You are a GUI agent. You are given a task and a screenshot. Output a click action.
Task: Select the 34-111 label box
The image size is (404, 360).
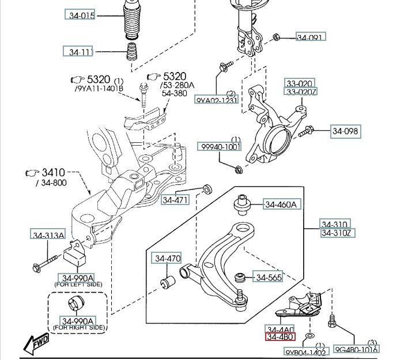pos(78,52)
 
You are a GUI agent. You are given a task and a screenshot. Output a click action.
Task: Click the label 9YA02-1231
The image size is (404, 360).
pos(217,100)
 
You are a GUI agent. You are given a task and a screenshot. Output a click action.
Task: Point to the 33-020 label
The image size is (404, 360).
pos(300,83)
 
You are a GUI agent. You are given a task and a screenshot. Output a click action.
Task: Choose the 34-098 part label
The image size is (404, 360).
pos(345,131)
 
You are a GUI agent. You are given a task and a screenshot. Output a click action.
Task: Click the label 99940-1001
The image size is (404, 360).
pos(220,147)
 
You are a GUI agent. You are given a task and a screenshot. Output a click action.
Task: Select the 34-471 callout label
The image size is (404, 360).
pos(175,200)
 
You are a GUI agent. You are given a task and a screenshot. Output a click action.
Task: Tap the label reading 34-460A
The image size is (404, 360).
pos(281,204)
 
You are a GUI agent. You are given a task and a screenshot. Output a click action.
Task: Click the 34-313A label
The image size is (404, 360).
pos(48,234)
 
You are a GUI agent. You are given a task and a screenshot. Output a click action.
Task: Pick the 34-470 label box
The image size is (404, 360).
pos(167,259)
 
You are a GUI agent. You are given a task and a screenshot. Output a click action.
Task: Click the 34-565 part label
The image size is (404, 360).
pos(269,278)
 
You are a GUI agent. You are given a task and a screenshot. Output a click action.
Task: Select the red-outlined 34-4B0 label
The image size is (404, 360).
pos(280,337)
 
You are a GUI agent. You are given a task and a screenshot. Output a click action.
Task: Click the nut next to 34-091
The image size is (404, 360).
pos(275,37)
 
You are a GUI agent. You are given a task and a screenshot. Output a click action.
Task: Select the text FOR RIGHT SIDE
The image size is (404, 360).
pos(79,328)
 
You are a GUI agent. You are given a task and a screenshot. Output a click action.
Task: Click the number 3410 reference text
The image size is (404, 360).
pos(53,172)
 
